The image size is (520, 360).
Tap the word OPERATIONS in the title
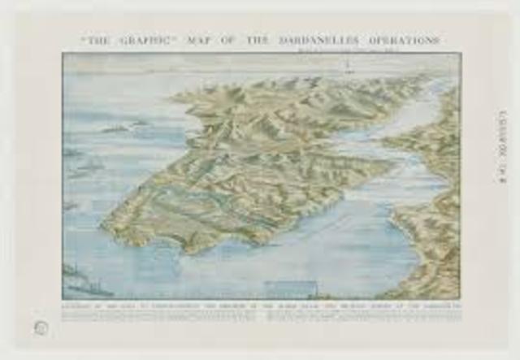pyautogui.click(x=405, y=40)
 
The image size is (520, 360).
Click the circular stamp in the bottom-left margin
pyautogui.click(x=41, y=327)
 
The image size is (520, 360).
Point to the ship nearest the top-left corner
pyautogui.click(x=114, y=128)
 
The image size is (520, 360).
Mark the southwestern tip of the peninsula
pyautogui.click(x=104, y=224)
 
